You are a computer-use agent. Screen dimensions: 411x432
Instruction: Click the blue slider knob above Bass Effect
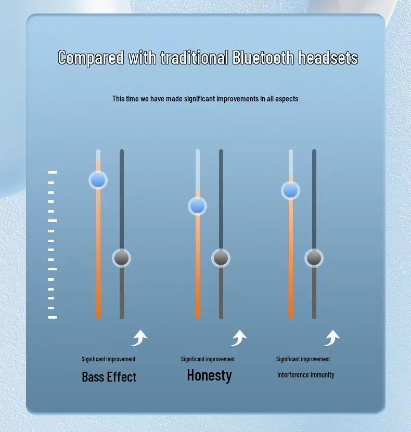click(98, 180)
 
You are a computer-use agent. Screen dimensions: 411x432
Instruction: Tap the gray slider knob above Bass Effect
click(122, 258)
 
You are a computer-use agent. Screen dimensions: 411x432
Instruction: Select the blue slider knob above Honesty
click(197, 206)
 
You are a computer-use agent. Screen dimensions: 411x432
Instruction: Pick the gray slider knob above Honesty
click(221, 258)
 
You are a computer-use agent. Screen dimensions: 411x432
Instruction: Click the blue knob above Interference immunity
click(290, 190)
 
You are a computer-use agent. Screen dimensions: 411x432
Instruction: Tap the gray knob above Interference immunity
click(314, 258)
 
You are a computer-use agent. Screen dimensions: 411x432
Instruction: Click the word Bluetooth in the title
click(263, 57)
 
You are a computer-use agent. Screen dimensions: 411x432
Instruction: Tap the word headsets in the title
click(328, 57)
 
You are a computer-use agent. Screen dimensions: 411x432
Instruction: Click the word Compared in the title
click(91, 58)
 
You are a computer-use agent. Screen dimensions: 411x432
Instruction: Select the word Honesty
click(210, 375)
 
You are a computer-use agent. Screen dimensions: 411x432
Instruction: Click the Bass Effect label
click(109, 376)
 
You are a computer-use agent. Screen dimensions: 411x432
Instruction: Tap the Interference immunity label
click(306, 375)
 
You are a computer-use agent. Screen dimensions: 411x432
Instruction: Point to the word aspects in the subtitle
click(287, 99)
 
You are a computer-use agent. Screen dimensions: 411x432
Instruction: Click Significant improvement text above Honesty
click(208, 359)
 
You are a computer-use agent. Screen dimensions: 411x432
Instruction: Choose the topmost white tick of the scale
click(53, 173)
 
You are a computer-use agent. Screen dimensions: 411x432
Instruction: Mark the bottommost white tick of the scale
click(53, 318)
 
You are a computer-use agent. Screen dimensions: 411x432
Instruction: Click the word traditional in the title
click(195, 57)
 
